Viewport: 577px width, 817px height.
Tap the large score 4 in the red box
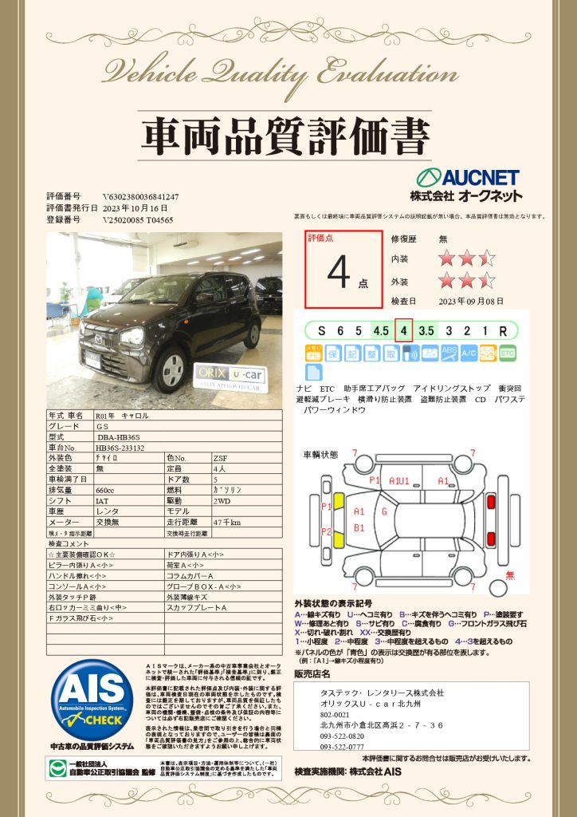pos(339,272)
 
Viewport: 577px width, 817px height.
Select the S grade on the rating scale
pos(321,330)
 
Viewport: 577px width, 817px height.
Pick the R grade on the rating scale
pos(503,330)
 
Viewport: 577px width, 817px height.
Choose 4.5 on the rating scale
pos(380,330)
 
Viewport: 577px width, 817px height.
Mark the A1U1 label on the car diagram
pos(399,481)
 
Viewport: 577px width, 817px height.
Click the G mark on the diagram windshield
pos(384,511)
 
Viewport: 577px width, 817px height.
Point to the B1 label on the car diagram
pos(359,528)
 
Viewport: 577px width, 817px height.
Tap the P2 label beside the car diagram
pos(326,531)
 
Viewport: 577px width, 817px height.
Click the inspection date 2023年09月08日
pos(471,301)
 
